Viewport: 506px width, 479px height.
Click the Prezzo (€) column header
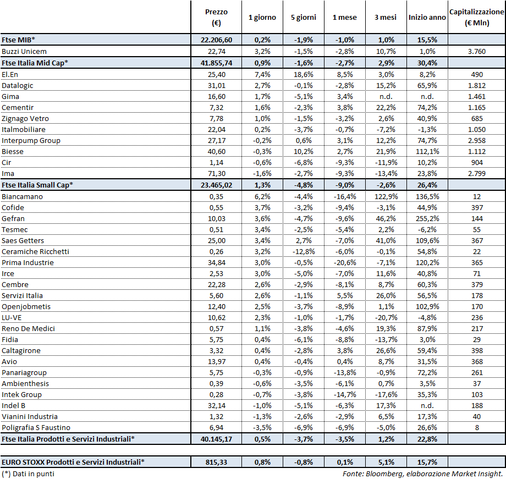[216, 17]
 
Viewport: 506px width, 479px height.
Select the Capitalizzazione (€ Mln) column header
[476, 17]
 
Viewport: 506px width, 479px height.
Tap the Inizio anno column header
[427, 17]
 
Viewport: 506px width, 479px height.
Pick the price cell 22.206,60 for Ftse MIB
[216, 40]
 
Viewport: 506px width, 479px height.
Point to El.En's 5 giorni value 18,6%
[303, 74]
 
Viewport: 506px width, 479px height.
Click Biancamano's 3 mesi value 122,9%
[386, 196]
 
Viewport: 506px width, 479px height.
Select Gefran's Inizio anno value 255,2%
[427, 218]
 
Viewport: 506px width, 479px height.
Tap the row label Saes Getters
[23, 240]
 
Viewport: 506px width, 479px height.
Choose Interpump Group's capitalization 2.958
[476, 140]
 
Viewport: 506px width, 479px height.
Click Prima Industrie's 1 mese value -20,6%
[344, 262]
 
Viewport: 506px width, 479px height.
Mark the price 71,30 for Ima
[216, 173]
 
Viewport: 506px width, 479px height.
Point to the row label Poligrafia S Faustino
[36, 427]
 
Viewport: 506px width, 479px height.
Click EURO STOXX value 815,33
[216, 462]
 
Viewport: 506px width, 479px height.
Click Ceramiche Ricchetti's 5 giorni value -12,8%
[303, 251]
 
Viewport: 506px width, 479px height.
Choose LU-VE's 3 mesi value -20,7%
[386, 317]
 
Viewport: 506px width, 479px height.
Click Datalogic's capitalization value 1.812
[476, 85]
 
